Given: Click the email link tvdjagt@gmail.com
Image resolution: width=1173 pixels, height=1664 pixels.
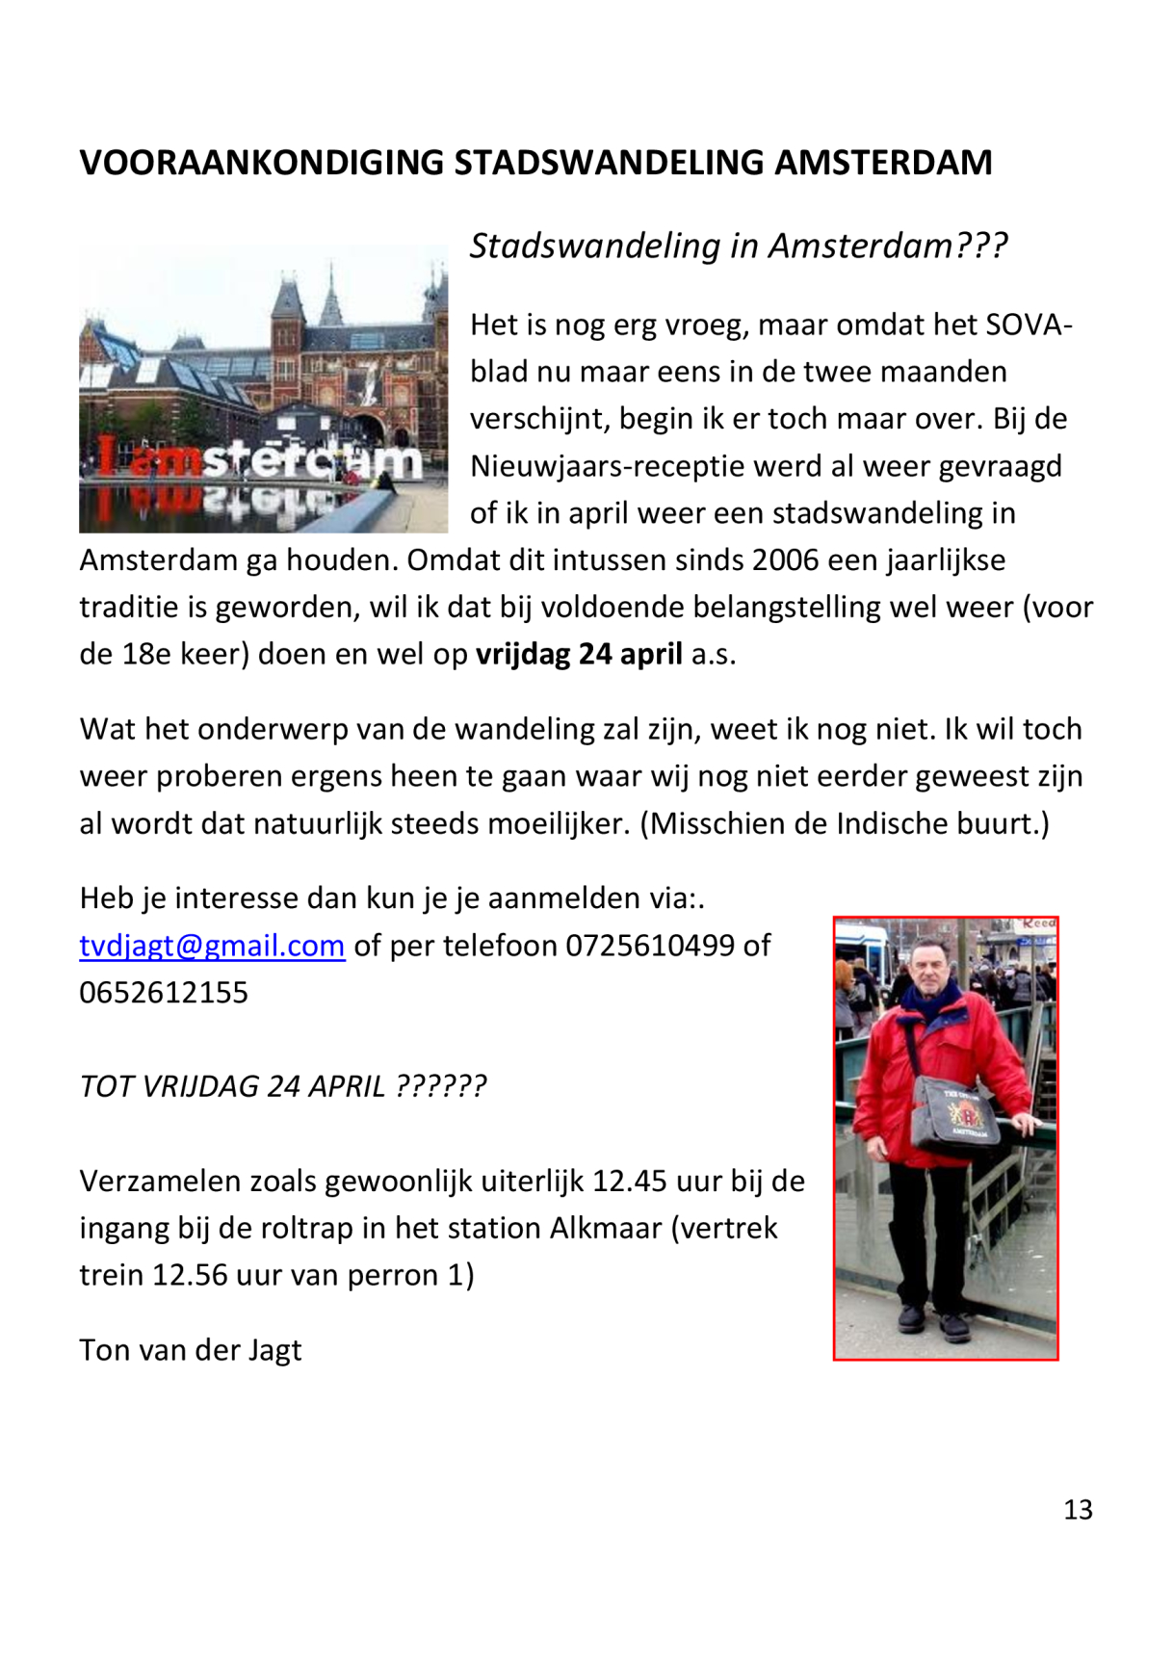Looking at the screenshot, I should pyautogui.click(x=212, y=946).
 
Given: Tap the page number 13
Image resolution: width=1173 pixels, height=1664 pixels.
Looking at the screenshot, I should pyautogui.click(x=1078, y=1510).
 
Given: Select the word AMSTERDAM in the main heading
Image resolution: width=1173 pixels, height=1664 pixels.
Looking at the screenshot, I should pyautogui.click(x=883, y=163).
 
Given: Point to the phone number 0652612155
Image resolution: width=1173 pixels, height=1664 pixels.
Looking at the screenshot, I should pyautogui.click(x=164, y=993).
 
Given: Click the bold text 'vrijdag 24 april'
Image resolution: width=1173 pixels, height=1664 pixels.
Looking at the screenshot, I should pyautogui.click(x=579, y=655).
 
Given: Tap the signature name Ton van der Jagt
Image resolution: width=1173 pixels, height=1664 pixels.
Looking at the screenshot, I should pyautogui.click(x=191, y=1350).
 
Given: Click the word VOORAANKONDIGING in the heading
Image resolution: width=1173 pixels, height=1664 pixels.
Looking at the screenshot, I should pyautogui.click(x=261, y=163).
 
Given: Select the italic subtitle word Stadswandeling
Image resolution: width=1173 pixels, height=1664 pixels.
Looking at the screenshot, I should pyautogui.click(x=596, y=247).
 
